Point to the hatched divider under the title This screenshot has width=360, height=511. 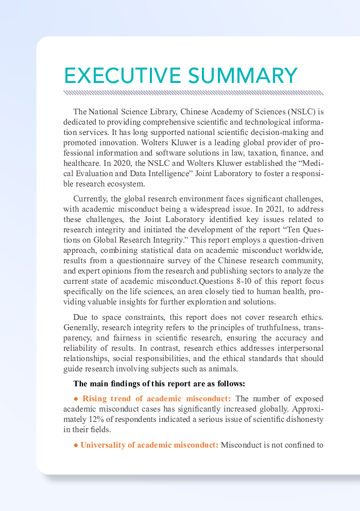(193, 93)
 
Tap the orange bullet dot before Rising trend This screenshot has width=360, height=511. (76, 399)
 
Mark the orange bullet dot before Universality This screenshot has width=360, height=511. (76, 445)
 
